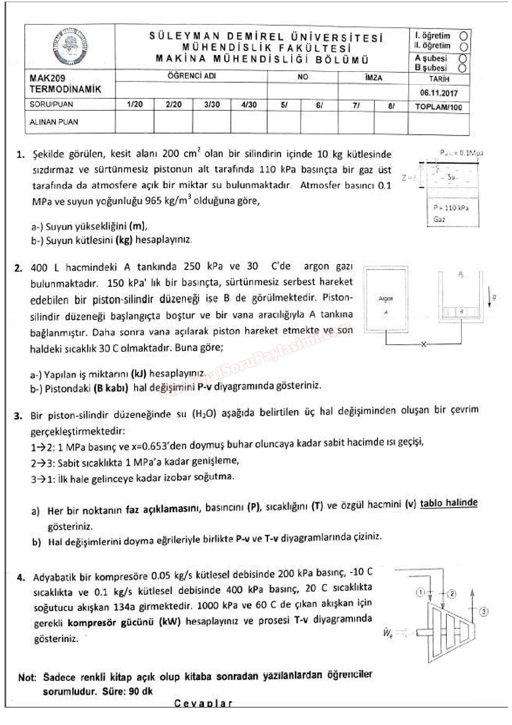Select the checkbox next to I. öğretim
click(464, 36)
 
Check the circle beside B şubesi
click(462, 68)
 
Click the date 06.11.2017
click(439, 93)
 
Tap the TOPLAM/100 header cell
click(439, 107)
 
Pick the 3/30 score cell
click(212, 105)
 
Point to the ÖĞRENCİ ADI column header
click(192, 76)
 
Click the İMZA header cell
click(373, 77)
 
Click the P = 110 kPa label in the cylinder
click(451, 208)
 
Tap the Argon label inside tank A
click(386, 298)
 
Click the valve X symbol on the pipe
click(423, 344)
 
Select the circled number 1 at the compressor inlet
click(420, 592)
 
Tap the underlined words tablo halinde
click(448, 503)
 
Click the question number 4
click(21, 577)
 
